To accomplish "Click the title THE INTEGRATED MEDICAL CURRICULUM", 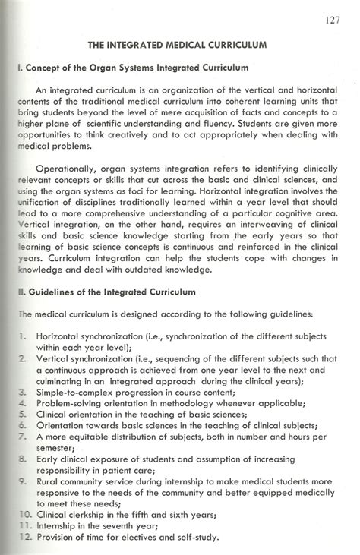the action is click(178, 45).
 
